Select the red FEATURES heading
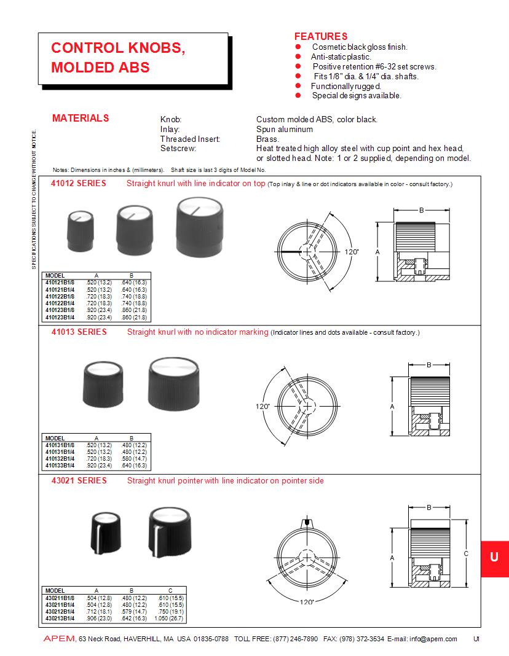tap(320, 36)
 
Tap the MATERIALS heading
tap(81, 118)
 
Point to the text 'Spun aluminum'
tap(284, 130)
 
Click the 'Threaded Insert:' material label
tap(190, 139)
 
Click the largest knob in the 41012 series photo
tap(199, 227)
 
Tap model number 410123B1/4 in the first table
tap(60, 318)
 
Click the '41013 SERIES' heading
tap(79, 332)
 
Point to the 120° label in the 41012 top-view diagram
tap(351, 252)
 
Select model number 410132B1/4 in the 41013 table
tap(60, 459)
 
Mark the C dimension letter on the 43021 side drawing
tap(466, 553)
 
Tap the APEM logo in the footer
tap(58, 639)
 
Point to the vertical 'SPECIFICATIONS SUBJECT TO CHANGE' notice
tap(34, 199)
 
